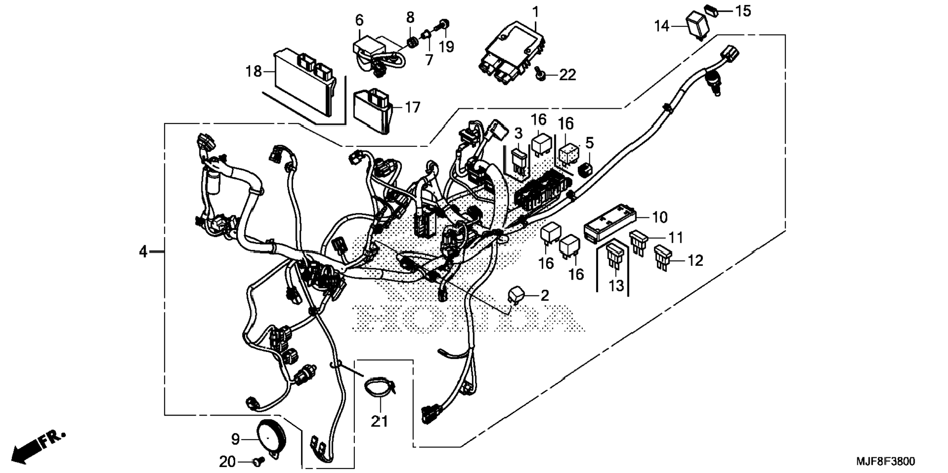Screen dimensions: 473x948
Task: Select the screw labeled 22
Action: [x=541, y=74]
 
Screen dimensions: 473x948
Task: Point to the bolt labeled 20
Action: [x=258, y=461]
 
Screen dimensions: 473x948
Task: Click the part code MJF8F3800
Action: [x=885, y=461]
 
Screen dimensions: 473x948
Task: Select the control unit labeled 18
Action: [x=304, y=86]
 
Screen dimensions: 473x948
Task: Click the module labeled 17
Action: [x=374, y=110]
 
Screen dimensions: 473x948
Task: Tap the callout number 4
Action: [x=143, y=252]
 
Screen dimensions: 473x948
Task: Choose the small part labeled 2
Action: [x=515, y=295]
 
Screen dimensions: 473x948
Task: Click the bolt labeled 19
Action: [x=444, y=24]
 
